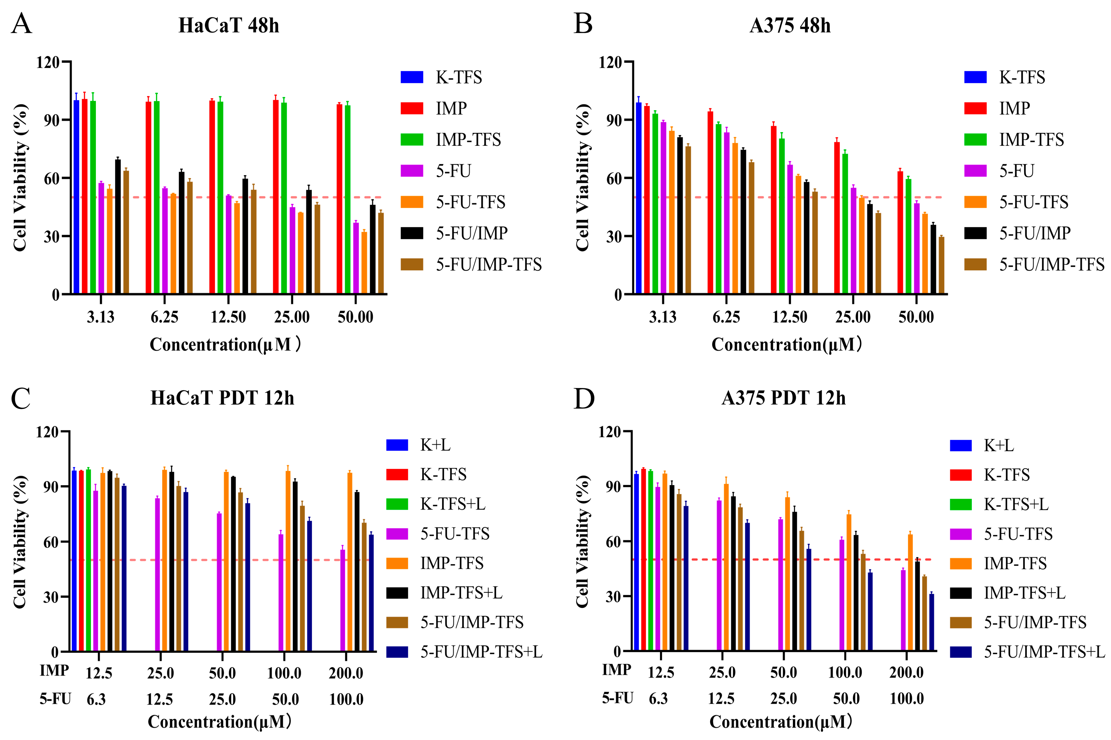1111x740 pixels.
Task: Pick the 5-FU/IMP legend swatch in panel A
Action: [x=412, y=233]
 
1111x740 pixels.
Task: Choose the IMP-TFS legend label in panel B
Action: [x=1031, y=140]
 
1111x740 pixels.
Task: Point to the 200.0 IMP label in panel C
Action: [x=346, y=673]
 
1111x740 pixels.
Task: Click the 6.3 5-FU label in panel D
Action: [x=658, y=699]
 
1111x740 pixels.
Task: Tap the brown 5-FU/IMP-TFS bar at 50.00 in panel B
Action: [x=941, y=265]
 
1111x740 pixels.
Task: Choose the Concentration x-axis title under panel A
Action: [x=225, y=345]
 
